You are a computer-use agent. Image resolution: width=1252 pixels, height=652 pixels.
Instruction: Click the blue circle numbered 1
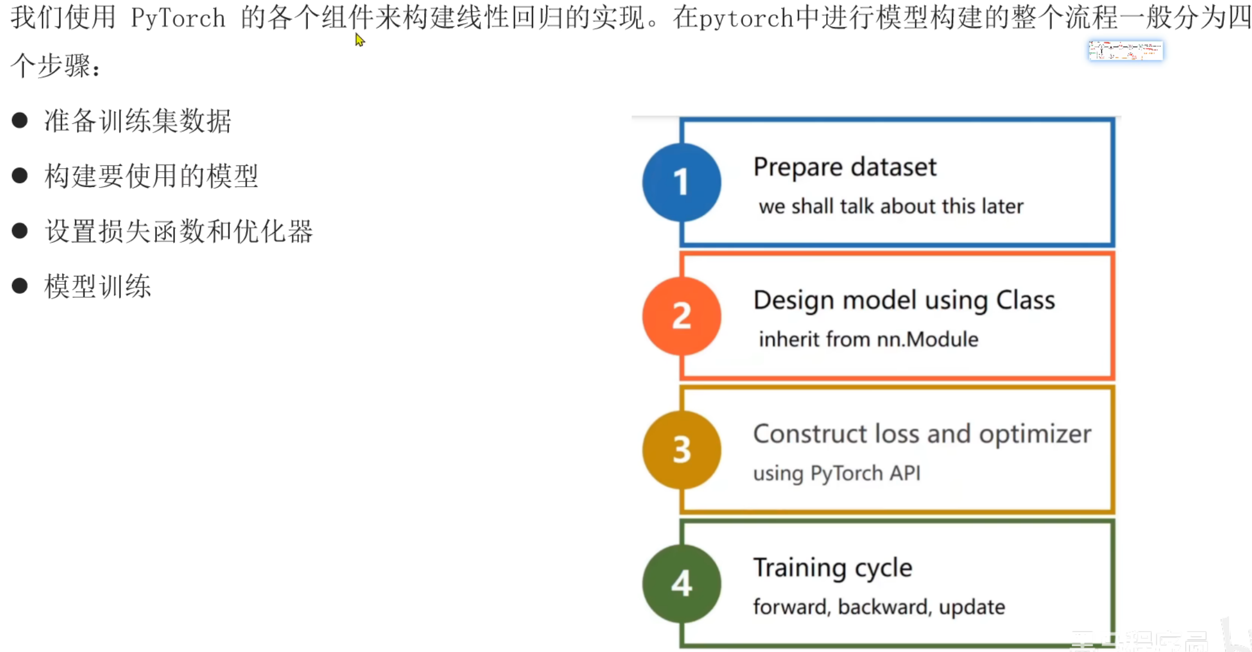click(x=681, y=182)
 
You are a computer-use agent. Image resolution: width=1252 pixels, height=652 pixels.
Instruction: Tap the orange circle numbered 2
click(x=681, y=316)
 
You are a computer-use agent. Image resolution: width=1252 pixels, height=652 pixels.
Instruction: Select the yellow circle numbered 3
click(x=681, y=450)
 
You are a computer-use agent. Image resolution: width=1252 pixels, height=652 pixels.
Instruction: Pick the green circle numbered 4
click(x=681, y=583)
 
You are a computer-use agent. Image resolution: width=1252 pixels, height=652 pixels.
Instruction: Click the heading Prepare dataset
click(x=844, y=167)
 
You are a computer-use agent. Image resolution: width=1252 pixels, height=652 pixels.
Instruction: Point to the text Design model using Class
click(x=903, y=300)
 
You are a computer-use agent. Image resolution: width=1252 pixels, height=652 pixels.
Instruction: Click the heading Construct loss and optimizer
click(x=922, y=434)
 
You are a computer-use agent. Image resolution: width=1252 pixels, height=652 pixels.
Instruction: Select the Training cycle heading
click(x=832, y=567)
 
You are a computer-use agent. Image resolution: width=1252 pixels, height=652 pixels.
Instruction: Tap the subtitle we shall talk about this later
click(x=890, y=206)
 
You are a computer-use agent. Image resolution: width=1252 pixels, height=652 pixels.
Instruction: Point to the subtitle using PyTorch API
click(x=836, y=473)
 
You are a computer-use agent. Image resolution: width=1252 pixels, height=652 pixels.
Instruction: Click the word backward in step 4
click(x=883, y=607)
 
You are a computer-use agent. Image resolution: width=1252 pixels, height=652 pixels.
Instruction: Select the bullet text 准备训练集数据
click(x=138, y=121)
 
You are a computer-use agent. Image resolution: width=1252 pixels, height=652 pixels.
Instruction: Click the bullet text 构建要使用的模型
click(x=151, y=176)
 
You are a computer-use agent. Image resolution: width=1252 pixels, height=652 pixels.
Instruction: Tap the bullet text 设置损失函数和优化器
click(x=179, y=231)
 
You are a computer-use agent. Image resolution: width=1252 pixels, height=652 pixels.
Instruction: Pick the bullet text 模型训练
click(x=98, y=287)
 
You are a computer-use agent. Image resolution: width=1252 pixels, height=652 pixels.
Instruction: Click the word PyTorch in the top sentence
click(x=178, y=18)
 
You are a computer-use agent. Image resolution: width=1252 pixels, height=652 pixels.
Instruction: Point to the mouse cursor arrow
click(x=359, y=39)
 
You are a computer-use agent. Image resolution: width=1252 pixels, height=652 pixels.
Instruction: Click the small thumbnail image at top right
click(x=1125, y=50)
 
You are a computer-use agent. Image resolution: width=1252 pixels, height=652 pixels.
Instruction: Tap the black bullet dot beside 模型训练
click(x=20, y=286)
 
